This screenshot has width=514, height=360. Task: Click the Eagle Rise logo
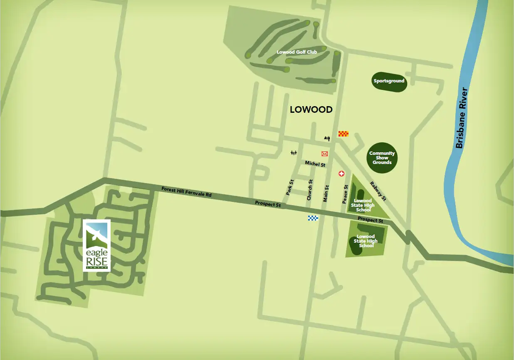pyautogui.click(x=96, y=245)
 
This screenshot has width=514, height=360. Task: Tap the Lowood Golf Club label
pyautogui.click(x=297, y=52)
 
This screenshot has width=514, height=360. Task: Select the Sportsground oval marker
pyautogui.click(x=389, y=81)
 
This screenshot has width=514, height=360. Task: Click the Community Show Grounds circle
pyautogui.click(x=382, y=158)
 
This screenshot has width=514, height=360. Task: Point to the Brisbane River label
pyautogui.click(x=462, y=118)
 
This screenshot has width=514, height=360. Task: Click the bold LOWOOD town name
pyautogui.click(x=311, y=110)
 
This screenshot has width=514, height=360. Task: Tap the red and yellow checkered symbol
pyautogui.click(x=343, y=134)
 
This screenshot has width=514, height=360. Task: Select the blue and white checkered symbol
pyautogui.click(x=313, y=218)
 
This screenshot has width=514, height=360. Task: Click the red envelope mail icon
pyautogui.click(x=325, y=154)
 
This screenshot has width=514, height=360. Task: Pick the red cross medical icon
pyautogui.click(x=342, y=174)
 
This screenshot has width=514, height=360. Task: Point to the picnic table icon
pyautogui.click(x=327, y=138)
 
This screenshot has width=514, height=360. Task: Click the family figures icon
pyautogui.click(x=294, y=153)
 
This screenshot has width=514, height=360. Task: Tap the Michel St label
pyautogui.click(x=315, y=164)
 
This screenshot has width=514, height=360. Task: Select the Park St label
pyautogui.click(x=290, y=187)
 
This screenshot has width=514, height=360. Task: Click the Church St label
pyautogui.click(x=309, y=190)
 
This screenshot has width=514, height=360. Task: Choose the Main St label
pyautogui.click(x=326, y=194)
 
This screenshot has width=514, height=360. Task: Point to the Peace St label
pyautogui.click(x=345, y=194)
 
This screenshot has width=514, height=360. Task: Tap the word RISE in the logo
pyautogui.click(x=96, y=262)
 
